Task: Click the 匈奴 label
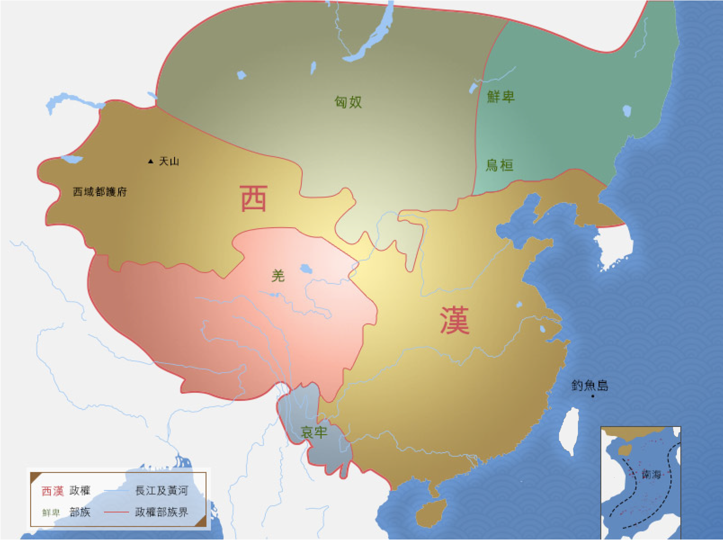coord(348,102)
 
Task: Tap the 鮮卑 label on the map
coord(501,97)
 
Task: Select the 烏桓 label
coord(500,165)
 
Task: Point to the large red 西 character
coord(254,198)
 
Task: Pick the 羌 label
coord(278,276)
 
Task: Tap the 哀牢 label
coord(314,432)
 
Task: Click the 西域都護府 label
coord(100,192)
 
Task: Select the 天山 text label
coord(169,161)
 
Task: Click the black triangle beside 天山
coord(150,161)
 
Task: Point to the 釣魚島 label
coord(590,385)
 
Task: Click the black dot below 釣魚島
coord(593,396)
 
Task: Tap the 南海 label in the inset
coord(651,474)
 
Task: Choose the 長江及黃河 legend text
coord(161,491)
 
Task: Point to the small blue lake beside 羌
coord(306,269)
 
